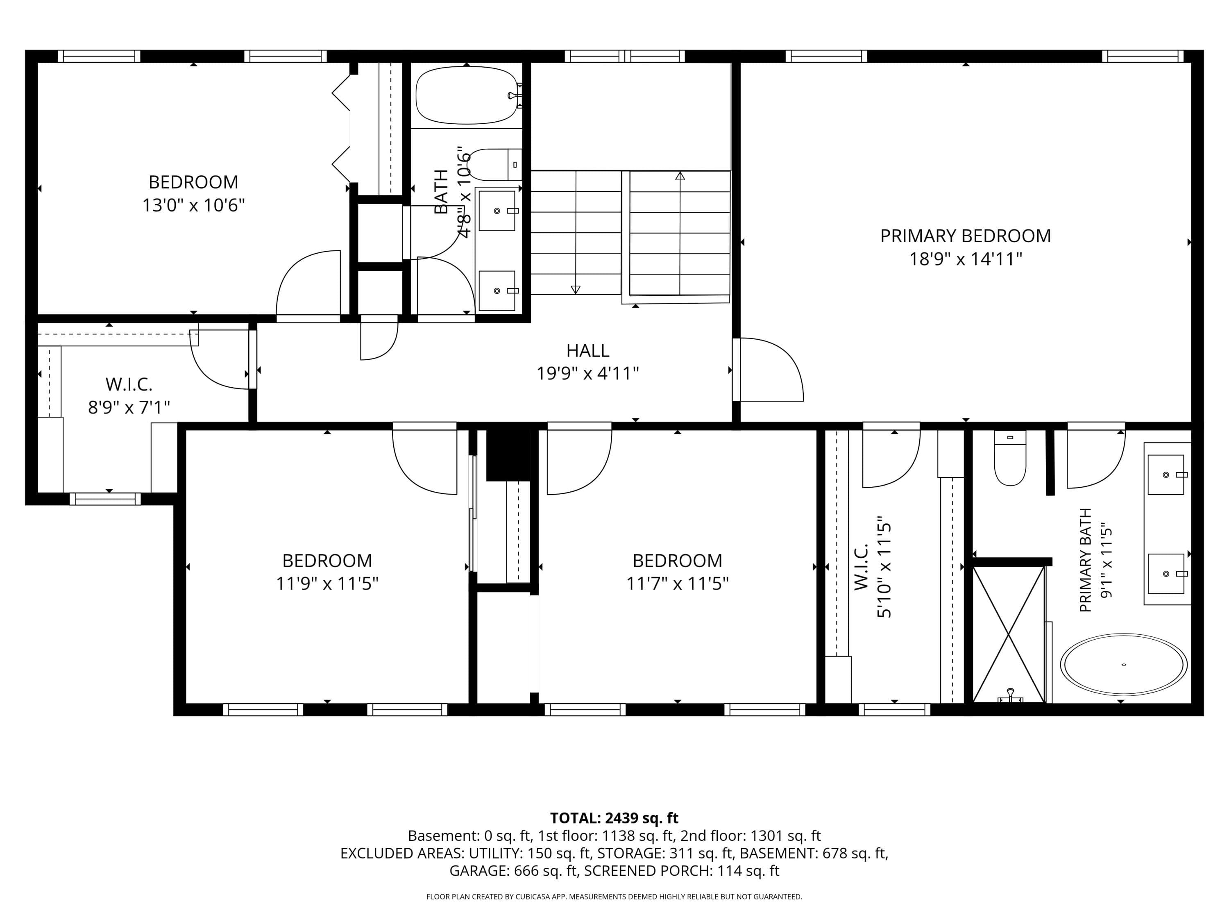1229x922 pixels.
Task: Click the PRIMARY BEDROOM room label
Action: (965, 236)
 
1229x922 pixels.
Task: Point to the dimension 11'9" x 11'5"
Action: (327, 584)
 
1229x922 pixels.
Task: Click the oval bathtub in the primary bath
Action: (1123, 665)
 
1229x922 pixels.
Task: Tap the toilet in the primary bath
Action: (1009, 457)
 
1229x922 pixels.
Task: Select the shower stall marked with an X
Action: (1009, 634)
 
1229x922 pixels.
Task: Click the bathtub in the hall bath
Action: (467, 95)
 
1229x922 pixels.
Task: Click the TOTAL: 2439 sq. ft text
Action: (614, 818)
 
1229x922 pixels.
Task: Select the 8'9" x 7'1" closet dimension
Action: (129, 407)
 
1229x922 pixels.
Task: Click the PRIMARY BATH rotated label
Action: (1085, 560)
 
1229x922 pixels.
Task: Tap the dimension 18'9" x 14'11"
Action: (966, 259)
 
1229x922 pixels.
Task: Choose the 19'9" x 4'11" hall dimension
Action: (588, 373)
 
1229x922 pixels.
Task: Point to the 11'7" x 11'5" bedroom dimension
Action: (677, 584)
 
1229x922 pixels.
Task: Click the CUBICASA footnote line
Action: (614, 897)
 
